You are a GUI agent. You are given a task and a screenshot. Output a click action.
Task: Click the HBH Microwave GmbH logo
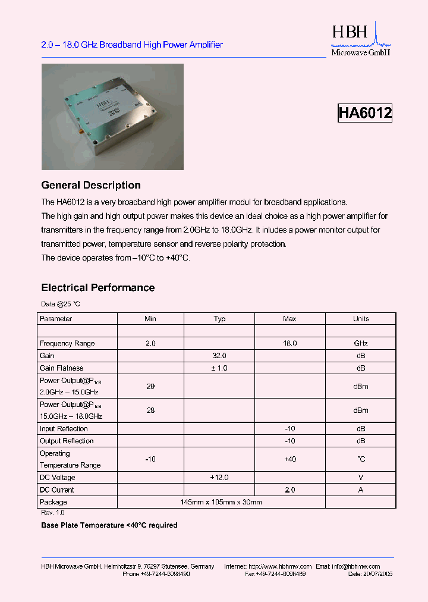click(x=360, y=40)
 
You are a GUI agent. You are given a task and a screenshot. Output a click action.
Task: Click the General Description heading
click(x=91, y=185)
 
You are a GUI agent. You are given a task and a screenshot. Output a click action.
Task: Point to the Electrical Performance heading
click(x=97, y=288)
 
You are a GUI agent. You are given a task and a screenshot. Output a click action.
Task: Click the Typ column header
click(x=219, y=319)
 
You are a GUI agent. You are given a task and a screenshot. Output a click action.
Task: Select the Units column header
click(x=361, y=319)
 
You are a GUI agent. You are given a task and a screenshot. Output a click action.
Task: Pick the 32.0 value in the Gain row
click(x=219, y=356)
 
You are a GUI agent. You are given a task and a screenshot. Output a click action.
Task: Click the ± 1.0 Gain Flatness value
click(x=219, y=368)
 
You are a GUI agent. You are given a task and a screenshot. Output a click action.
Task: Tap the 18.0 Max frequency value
click(x=289, y=343)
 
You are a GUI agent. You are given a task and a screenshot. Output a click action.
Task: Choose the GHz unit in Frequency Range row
click(x=361, y=343)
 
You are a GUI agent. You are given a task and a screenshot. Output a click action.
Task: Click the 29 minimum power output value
click(x=150, y=386)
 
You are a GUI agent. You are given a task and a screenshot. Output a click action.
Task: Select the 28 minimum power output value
click(x=150, y=410)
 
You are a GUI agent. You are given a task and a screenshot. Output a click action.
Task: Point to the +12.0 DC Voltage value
click(x=219, y=478)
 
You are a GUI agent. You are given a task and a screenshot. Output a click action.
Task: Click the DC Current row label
click(x=57, y=490)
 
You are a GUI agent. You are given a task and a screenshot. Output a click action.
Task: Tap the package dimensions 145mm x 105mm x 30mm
click(x=221, y=503)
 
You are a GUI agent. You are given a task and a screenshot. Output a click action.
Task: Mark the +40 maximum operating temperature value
click(x=289, y=459)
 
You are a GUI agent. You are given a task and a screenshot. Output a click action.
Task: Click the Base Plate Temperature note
click(x=109, y=525)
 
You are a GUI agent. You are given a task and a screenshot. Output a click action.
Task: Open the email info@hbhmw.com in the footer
click(x=355, y=566)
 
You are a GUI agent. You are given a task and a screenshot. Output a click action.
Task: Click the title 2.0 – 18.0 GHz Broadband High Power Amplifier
click(x=132, y=45)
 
